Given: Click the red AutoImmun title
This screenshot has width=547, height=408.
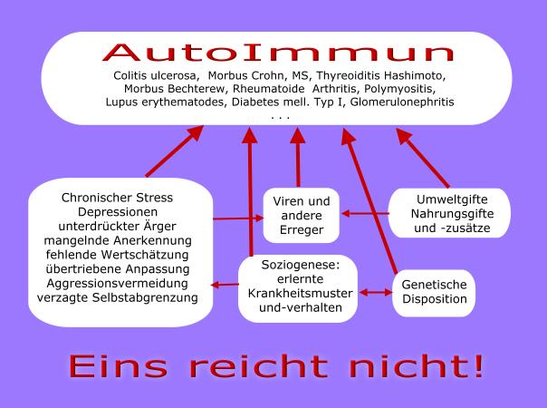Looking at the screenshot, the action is tap(278, 53).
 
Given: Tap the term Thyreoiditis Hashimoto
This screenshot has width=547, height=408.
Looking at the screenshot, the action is tap(381, 75).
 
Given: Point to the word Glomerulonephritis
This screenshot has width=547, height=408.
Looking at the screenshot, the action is tap(402, 102).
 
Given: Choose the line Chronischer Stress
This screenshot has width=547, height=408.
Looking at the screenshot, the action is tap(117, 198).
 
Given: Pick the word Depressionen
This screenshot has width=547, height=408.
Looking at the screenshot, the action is tap(118, 212).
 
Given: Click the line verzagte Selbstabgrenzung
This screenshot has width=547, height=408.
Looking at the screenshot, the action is tap(118, 297).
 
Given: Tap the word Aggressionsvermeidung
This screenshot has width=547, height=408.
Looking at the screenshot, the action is tap(117, 283).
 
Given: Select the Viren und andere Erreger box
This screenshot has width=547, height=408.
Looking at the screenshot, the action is tap(301, 215).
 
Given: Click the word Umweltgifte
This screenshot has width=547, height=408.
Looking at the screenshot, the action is tap(452, 199).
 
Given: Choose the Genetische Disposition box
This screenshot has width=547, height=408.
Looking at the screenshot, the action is tap(434, 293).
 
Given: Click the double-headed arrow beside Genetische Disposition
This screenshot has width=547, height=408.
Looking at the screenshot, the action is tap(376, 292).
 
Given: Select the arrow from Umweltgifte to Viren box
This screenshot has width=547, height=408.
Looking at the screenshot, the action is tap(365, 213).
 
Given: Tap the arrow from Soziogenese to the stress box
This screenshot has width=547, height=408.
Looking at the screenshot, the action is tap(225, 285).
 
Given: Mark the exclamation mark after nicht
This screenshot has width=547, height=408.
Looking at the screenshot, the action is tap(477, 365).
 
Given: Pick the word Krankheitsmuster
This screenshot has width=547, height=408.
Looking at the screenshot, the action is tap(301, 293).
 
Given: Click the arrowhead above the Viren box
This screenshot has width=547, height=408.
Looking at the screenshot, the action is tap(298, 135).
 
